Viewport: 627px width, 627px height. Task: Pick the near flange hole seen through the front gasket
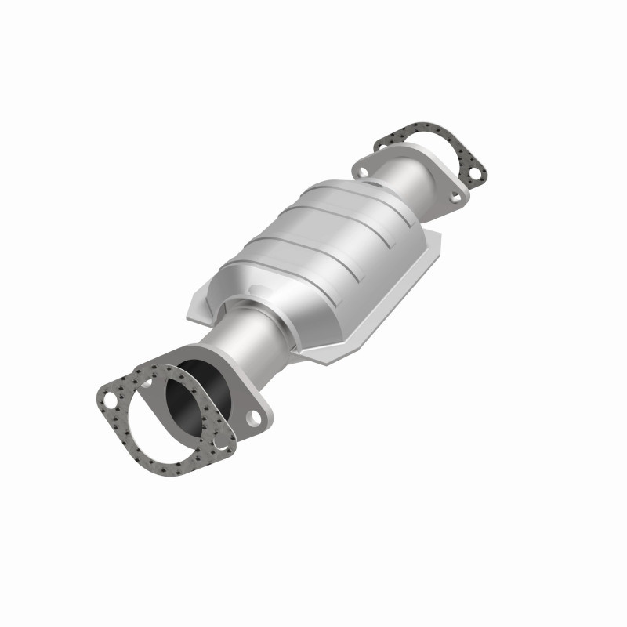click(x=145, y=382)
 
